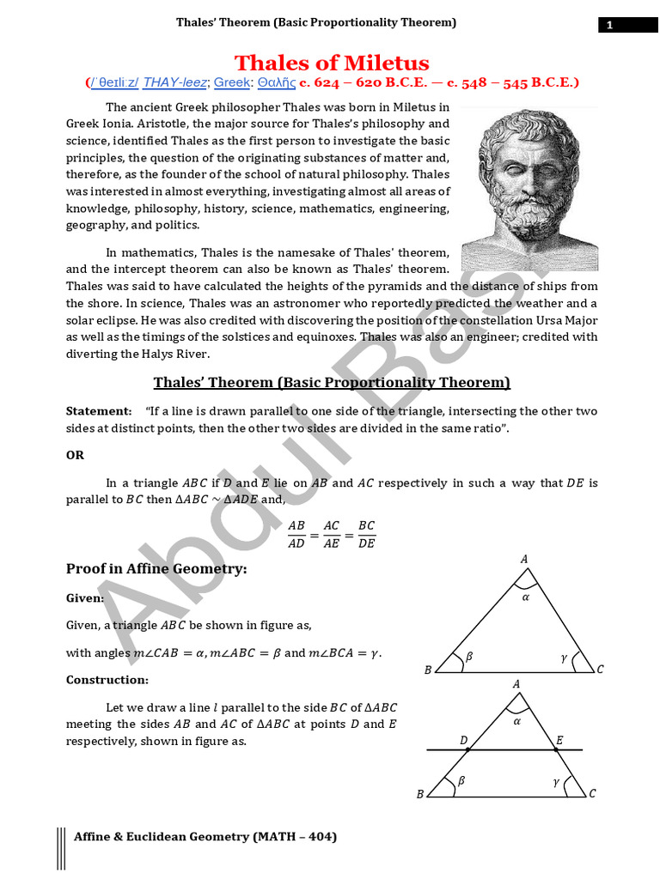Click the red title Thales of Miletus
(332, 63)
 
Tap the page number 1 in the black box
(610, 25)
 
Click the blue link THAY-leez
(174, 82)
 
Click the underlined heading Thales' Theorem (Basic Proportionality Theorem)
(332, 382)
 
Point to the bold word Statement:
(99, 411)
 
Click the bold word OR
(76, 455)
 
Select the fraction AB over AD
(296, 533)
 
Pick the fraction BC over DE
(366, 533)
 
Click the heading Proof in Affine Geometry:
(156, 568)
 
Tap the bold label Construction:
(107, 680)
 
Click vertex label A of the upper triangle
(524, 560)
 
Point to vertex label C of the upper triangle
(600, 670)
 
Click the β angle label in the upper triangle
(468, 658)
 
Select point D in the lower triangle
(464, 740)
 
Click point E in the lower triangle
(559, 740)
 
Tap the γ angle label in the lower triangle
(556, 782)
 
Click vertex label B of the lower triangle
(420, 794)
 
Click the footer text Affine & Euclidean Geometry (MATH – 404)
(205, 836)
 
